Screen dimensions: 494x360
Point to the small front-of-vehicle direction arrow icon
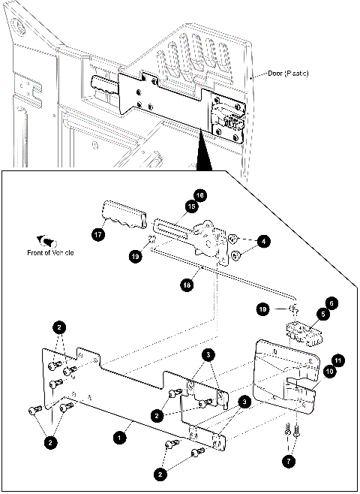[51, 241]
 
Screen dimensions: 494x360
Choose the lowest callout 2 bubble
[160, 474]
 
